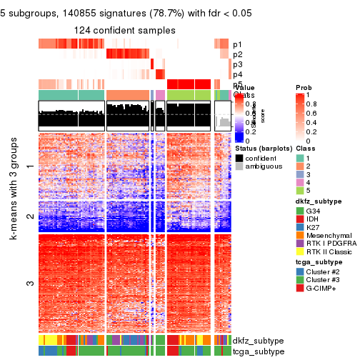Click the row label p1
[x=237, y=44]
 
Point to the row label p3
[x=237, y=64]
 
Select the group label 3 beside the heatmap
[x=29, y=284]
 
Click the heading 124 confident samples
[x=125, y=30]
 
